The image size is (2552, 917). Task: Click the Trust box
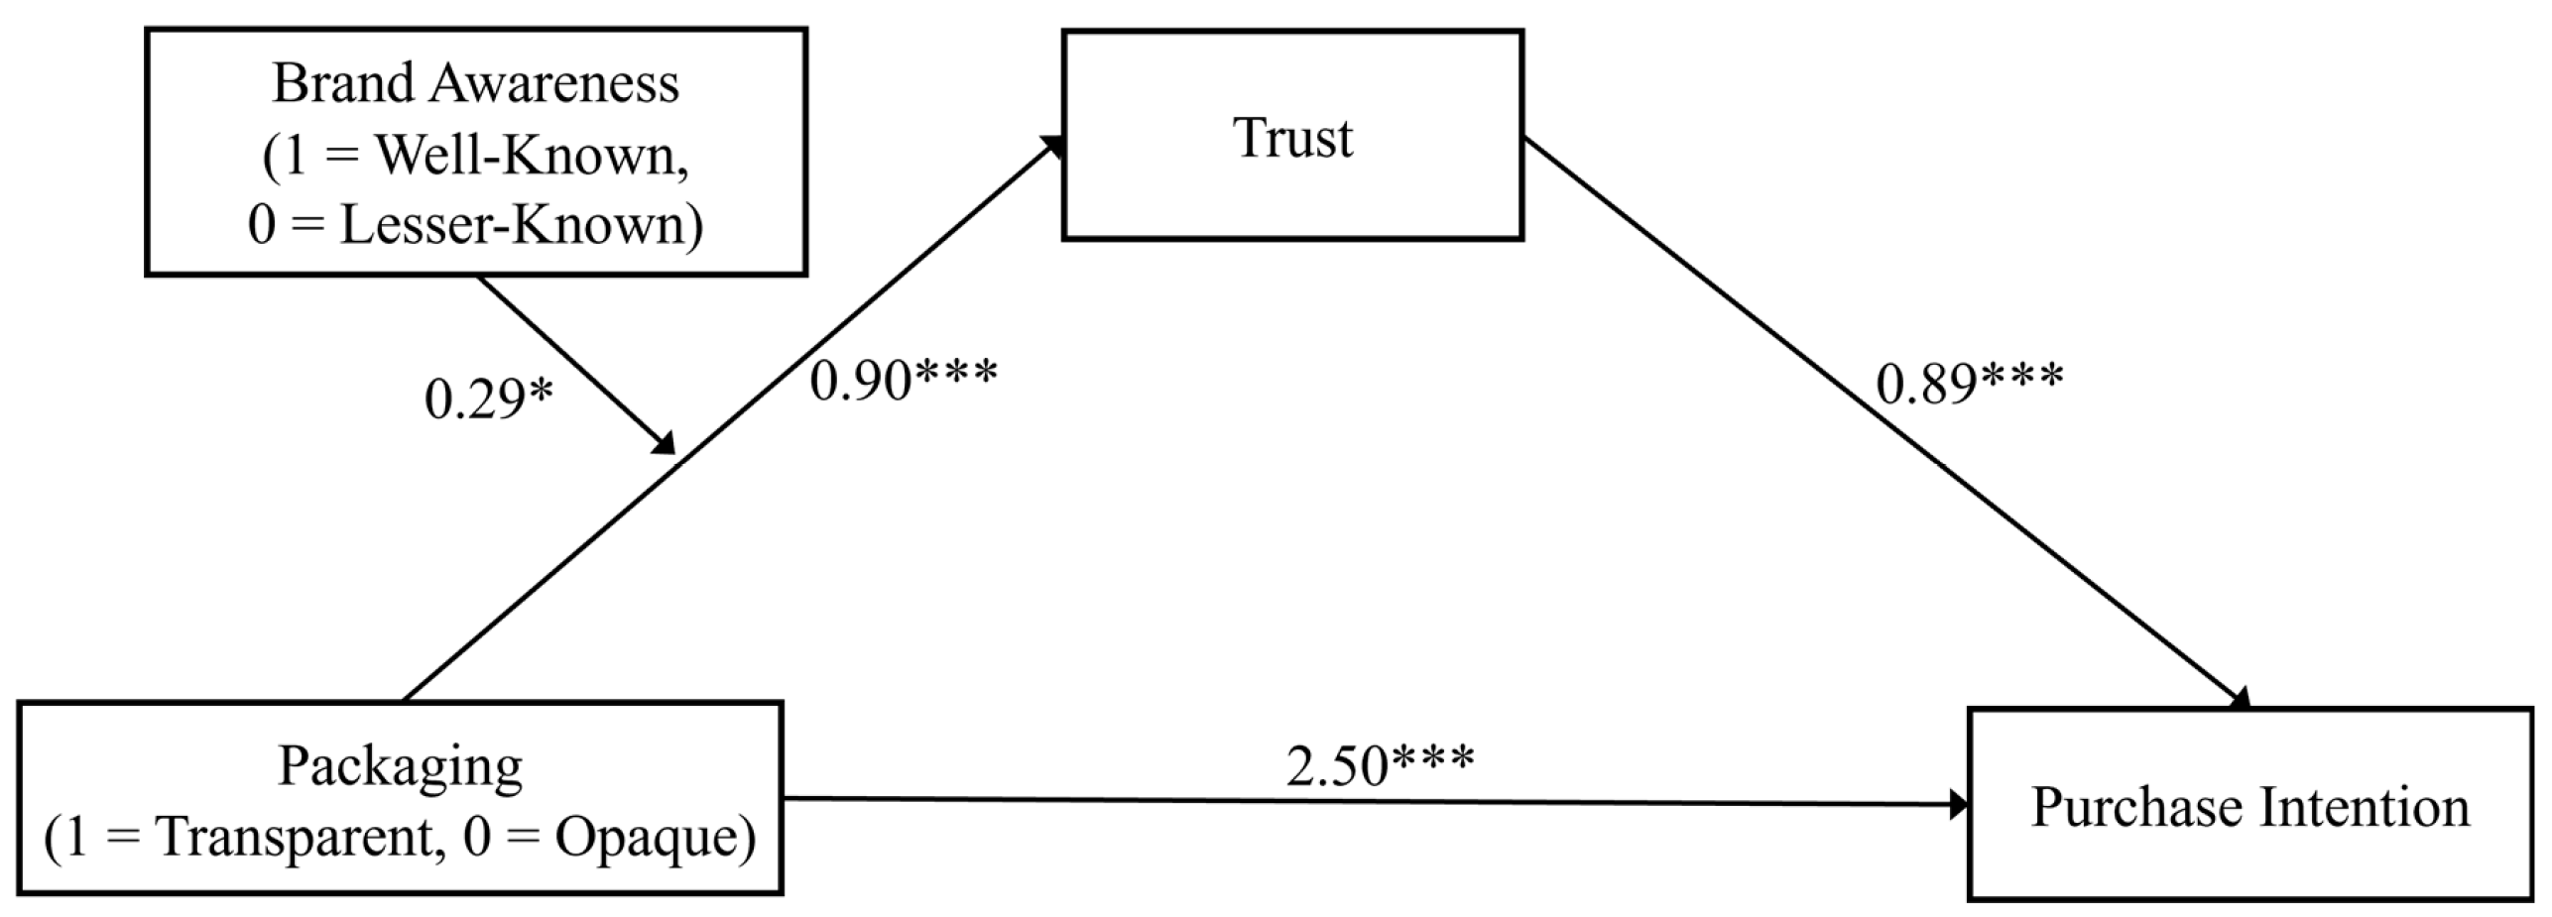1291,136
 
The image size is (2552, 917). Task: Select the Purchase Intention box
2248,804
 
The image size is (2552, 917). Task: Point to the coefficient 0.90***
904,380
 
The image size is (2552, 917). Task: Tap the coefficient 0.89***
1969,383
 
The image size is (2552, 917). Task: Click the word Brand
337,83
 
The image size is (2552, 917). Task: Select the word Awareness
554,83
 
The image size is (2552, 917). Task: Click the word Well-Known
532,156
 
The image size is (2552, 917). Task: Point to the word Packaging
400,766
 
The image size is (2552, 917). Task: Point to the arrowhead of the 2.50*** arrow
1959,804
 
